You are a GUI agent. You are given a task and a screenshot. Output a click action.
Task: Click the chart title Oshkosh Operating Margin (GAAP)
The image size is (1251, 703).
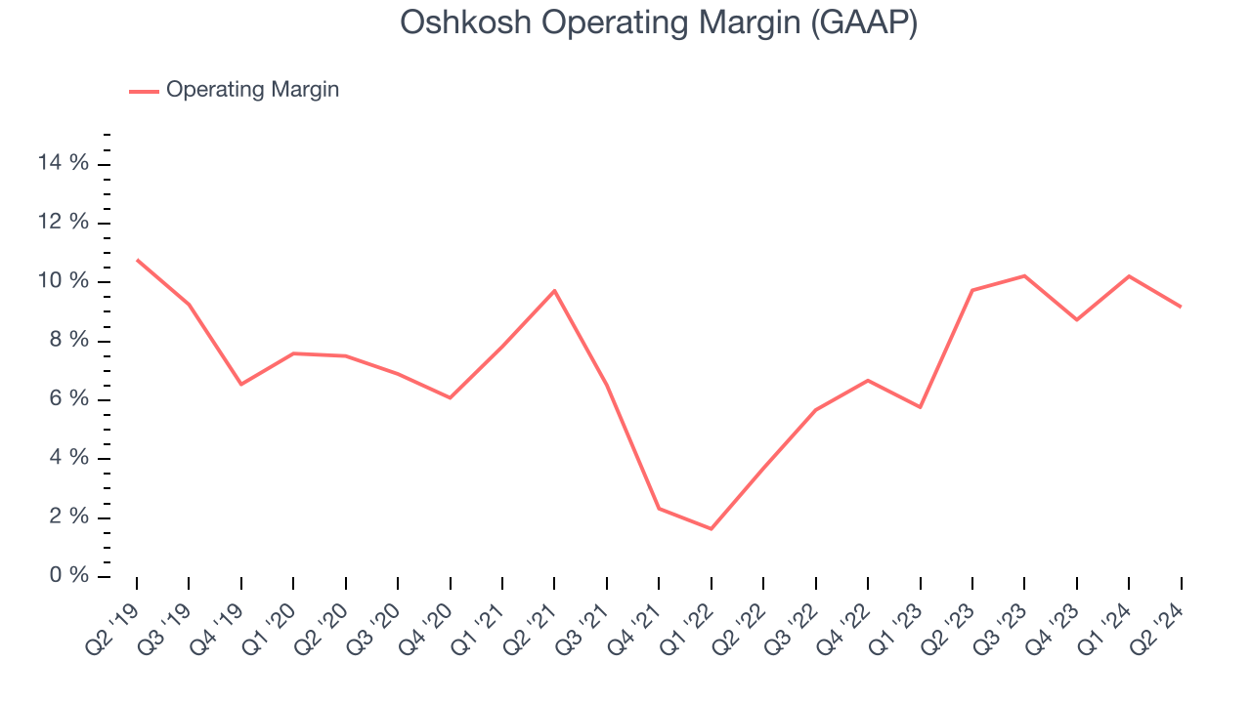658,22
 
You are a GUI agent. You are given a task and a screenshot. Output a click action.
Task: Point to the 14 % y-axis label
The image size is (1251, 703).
64,163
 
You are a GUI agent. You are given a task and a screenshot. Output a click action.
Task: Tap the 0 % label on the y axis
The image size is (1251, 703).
70,576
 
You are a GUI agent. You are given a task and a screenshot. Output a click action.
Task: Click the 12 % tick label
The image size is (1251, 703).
64,223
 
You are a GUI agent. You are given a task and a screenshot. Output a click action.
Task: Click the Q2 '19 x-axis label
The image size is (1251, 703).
113,620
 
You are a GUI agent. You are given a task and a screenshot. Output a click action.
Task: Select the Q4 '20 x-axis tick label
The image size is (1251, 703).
427,620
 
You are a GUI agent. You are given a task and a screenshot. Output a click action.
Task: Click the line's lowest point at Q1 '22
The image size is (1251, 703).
712,529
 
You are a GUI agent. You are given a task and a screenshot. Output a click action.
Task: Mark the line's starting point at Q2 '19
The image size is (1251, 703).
137,260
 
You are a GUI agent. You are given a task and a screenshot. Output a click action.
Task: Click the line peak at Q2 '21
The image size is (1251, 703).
555,290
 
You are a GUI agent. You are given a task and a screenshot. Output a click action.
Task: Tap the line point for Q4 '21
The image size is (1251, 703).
660,508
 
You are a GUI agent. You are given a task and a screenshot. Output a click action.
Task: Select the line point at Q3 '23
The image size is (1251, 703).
1024,275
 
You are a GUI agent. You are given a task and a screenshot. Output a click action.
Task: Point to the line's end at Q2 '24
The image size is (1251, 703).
1181,307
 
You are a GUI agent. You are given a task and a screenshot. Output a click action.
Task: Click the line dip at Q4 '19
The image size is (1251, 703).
241,384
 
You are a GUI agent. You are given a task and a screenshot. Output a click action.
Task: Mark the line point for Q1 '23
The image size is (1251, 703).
920,407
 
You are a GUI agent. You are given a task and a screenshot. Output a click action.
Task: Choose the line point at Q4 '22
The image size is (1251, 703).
868,380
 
